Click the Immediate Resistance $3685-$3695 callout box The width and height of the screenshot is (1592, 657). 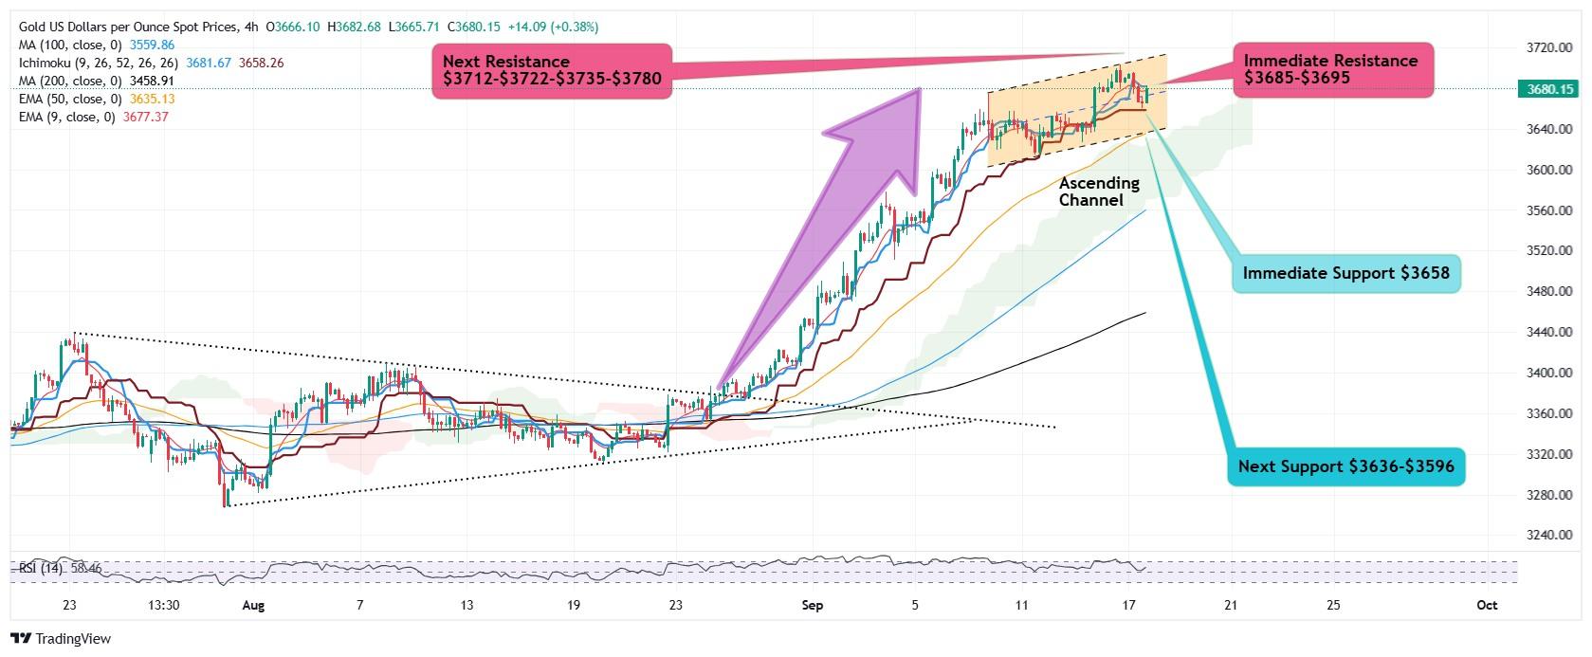[1331, 69]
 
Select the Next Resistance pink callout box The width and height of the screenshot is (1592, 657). [552, 71]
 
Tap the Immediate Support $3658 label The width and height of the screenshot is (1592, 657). [1345, 273]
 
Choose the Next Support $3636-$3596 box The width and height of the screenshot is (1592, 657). [1345, 466]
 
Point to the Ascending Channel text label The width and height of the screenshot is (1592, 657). [1099, 192]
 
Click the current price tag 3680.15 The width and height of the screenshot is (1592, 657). [1550, 89]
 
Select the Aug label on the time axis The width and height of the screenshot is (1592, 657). [253, 605]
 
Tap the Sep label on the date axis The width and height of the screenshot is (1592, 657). [813, 605]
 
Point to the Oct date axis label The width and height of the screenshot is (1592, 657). [1487, 605]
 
